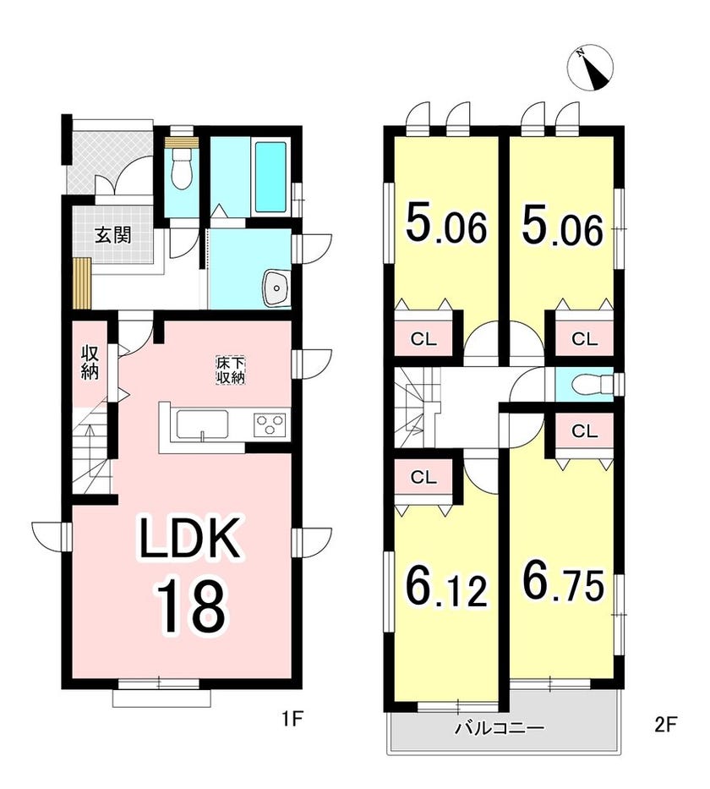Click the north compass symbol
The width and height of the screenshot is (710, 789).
click(x=590, y=69)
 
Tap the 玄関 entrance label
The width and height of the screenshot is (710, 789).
click(x=113, y=234)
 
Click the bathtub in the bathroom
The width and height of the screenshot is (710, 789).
click(x=270, y=177)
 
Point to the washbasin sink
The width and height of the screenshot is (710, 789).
click(x=276, y=288)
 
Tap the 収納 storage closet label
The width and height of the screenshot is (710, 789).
click(x=90, y=362)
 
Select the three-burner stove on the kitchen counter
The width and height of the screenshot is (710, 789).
click(x=271, y=423)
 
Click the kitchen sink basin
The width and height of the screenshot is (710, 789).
click(x=203, y=425)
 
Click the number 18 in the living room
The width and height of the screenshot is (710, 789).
click(x=190, y=606)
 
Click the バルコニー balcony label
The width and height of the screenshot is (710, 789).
click(x=500, y=727)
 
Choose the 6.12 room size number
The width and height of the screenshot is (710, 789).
click(x=445, y=586)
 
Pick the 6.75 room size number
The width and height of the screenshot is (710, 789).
click(x=563, y=581)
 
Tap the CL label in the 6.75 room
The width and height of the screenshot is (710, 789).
click(x=584, y=430)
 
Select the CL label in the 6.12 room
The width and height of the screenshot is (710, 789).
click(x=423, y=478)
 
